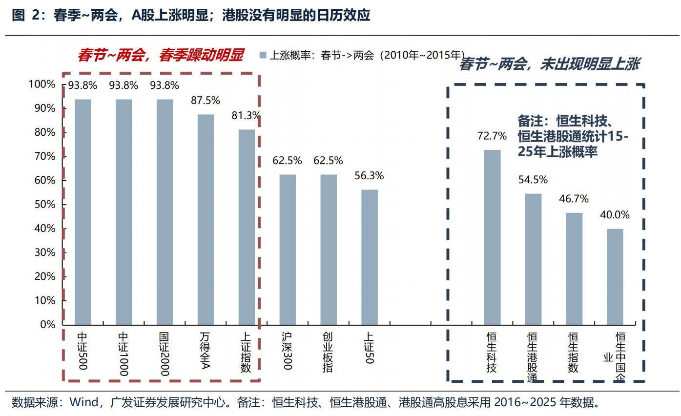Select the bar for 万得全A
click(x=206, y=219)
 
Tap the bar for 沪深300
click(x=288, y=249)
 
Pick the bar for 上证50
click(x=370, y=257)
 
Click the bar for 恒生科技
click(x=492, y=237)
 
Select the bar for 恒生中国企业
click(x=615, y=276)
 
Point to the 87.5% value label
click(x=206, y=100)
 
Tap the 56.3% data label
click(x=370, y=176)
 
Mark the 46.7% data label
click(x=574, y=199)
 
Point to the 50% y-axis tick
click(x=44, y=205)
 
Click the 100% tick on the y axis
click(x=42, y=84)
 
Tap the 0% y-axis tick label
click(x=48, y=325)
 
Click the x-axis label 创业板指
click(x=328, y=353)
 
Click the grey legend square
click(x=263, y=55)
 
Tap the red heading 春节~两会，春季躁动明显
click(x=161, y=55)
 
